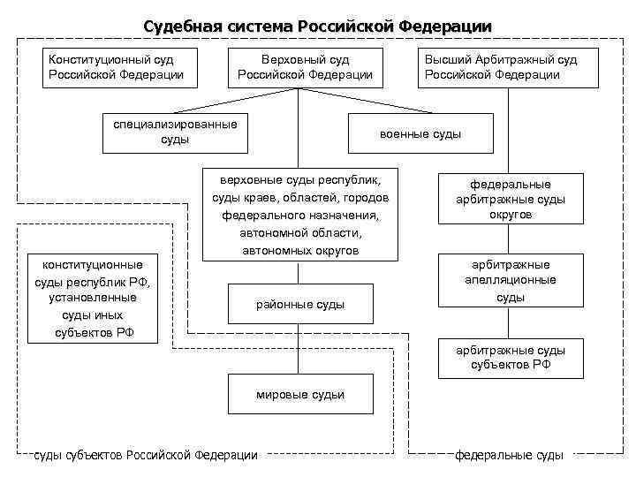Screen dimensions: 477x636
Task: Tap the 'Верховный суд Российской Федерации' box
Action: pyautogui.click(x=306, y=67)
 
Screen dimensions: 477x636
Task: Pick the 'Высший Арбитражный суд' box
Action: pyautogui.click(x=501, y=67)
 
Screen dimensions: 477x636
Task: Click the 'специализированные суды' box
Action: pyautogui.click(x=174, y=132)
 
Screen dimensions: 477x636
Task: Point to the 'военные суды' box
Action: pyautogui.click(x=420, y=134)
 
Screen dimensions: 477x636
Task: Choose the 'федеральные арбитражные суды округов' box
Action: pyautogui.click(x=510, y=199)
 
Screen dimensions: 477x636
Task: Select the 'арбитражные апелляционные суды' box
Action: pyautogui.click(x=510, y=281)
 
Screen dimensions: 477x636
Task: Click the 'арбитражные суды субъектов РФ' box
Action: pyautogui.click(x=510, y=357)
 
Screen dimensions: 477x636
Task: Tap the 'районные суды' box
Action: pyautogui.click(x=299, y=305)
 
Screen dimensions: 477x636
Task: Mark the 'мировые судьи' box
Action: pyautogui.click(x=299, y=395)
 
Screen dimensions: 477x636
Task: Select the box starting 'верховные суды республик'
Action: pyautogui.click(x=299, y=214)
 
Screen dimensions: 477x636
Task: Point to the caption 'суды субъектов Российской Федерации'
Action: pyautogui.click(x=146, y=455)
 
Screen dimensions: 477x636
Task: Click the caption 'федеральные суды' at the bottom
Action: pyautogui.click(x=509, y=455)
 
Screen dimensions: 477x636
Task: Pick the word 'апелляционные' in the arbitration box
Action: pyautogui.click(x=510, y=280)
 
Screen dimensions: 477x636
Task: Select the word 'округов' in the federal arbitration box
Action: pyautogui.click(x=510, y=214)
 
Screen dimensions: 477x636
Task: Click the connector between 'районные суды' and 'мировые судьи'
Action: pyautogui.click(x=299, y=350)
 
